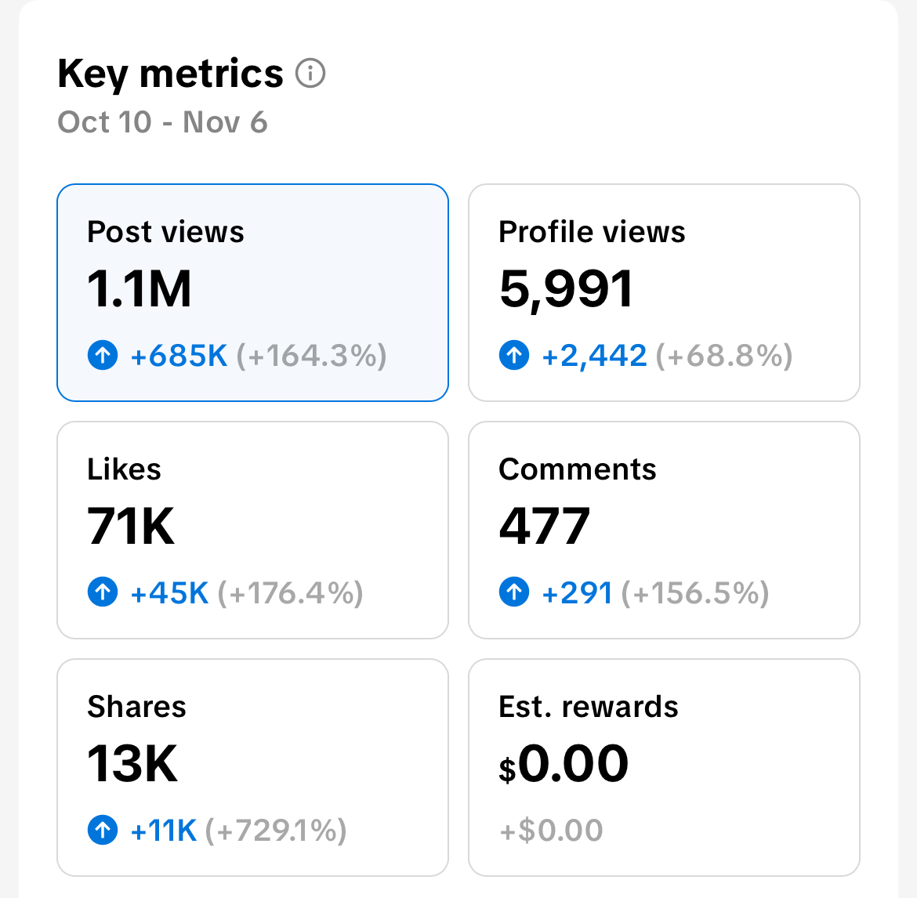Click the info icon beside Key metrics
310,74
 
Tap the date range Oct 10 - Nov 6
162,122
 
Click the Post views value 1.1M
140,289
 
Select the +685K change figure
179,357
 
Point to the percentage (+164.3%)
311,357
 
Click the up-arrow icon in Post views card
103,356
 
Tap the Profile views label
592,232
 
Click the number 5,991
566,289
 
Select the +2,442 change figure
594,357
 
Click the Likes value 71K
131,526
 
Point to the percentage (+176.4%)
290,593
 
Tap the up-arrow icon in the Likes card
103,592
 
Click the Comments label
578,469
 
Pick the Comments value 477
544,526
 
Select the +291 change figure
577,593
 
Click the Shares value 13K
132,763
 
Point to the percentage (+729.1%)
276,831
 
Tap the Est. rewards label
588,707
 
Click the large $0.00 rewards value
564,764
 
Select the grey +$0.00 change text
551,831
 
